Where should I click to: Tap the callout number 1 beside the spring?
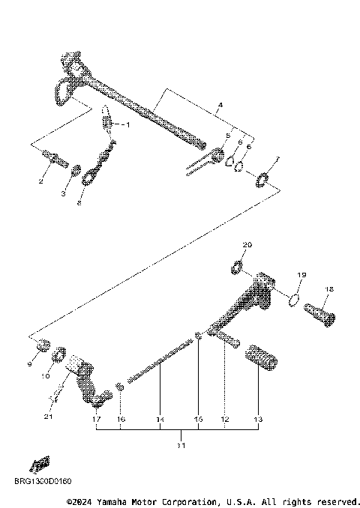click(x=126, y=125)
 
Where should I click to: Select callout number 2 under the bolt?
click(x=41, y=181)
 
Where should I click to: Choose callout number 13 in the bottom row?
click(x=259, y=420)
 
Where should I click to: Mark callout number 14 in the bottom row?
click(x=160, y=420)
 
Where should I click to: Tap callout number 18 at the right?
click(x=329, y=289)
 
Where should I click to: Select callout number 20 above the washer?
click(x=247, y=245)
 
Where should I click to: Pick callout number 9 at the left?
click(x=31, y=363)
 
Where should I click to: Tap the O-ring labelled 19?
click(x=295, y=301)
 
